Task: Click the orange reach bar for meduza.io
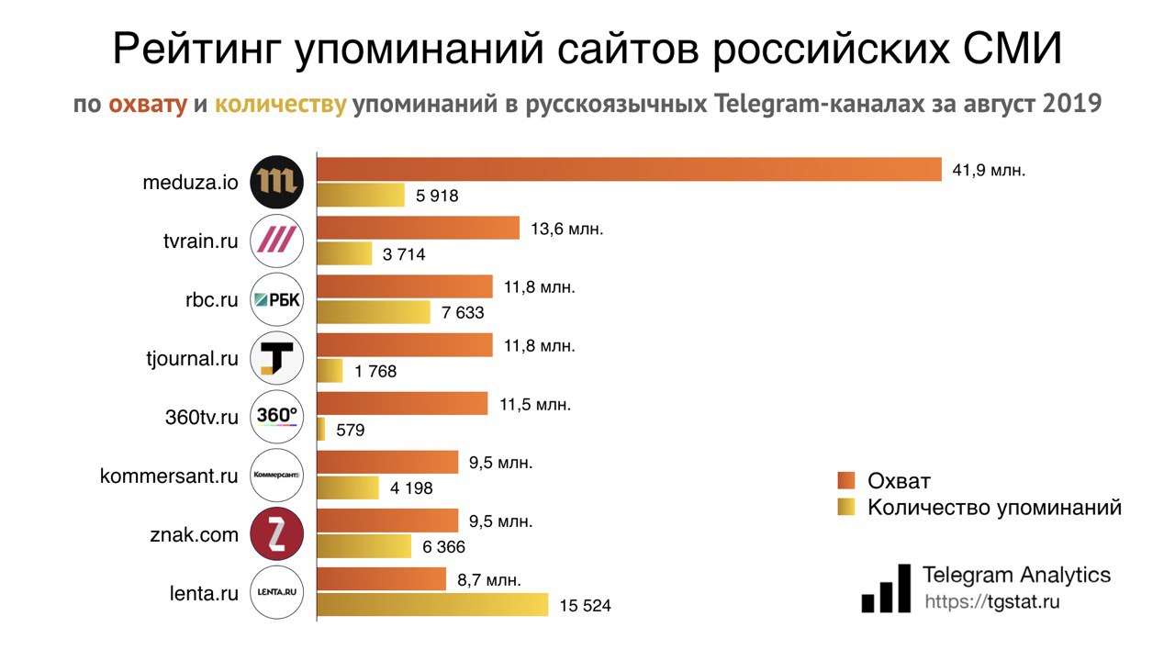629,170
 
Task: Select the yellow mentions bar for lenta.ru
432,605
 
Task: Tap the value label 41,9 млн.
989,170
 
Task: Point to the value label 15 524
585,606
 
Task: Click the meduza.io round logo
276,182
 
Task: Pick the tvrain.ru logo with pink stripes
276,241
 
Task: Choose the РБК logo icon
276,299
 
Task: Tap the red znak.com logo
276,534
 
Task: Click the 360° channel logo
276,417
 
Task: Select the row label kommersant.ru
169,476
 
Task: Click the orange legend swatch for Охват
846,481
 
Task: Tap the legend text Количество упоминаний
994,507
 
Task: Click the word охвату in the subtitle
148,105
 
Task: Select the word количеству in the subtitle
280,105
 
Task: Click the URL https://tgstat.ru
991,602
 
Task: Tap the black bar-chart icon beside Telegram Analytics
886,588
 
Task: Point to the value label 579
351,430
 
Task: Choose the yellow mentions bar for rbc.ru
374,312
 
